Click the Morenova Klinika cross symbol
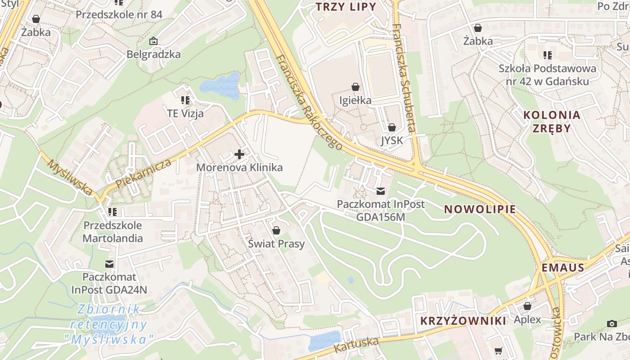click(x=239, y=155)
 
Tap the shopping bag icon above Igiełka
click(x=355, y=87)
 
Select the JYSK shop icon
click(x=391, y=127)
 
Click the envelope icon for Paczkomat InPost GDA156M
click(x=381, y=191)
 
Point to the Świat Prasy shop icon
click(x=276, y=230)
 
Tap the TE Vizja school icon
click(x=185, y=100)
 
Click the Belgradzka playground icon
click(x=153, y=41)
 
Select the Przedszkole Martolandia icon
click(x=112, y=211)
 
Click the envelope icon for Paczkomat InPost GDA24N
click(x=109, y=264)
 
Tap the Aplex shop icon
click(x=527, y=306)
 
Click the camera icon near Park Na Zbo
click(x=612, y=324)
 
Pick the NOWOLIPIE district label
click(x=480, y=209)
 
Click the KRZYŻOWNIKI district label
click(x=463, y=320)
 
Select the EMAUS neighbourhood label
click(x=563, y=268)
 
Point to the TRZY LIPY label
click(x=346, y=7)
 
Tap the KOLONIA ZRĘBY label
click(x=552, y=121)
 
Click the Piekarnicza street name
click(x=144, y=173)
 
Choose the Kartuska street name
click(x=356, y=345)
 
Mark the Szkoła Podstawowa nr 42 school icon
click(x=547, y=55)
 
